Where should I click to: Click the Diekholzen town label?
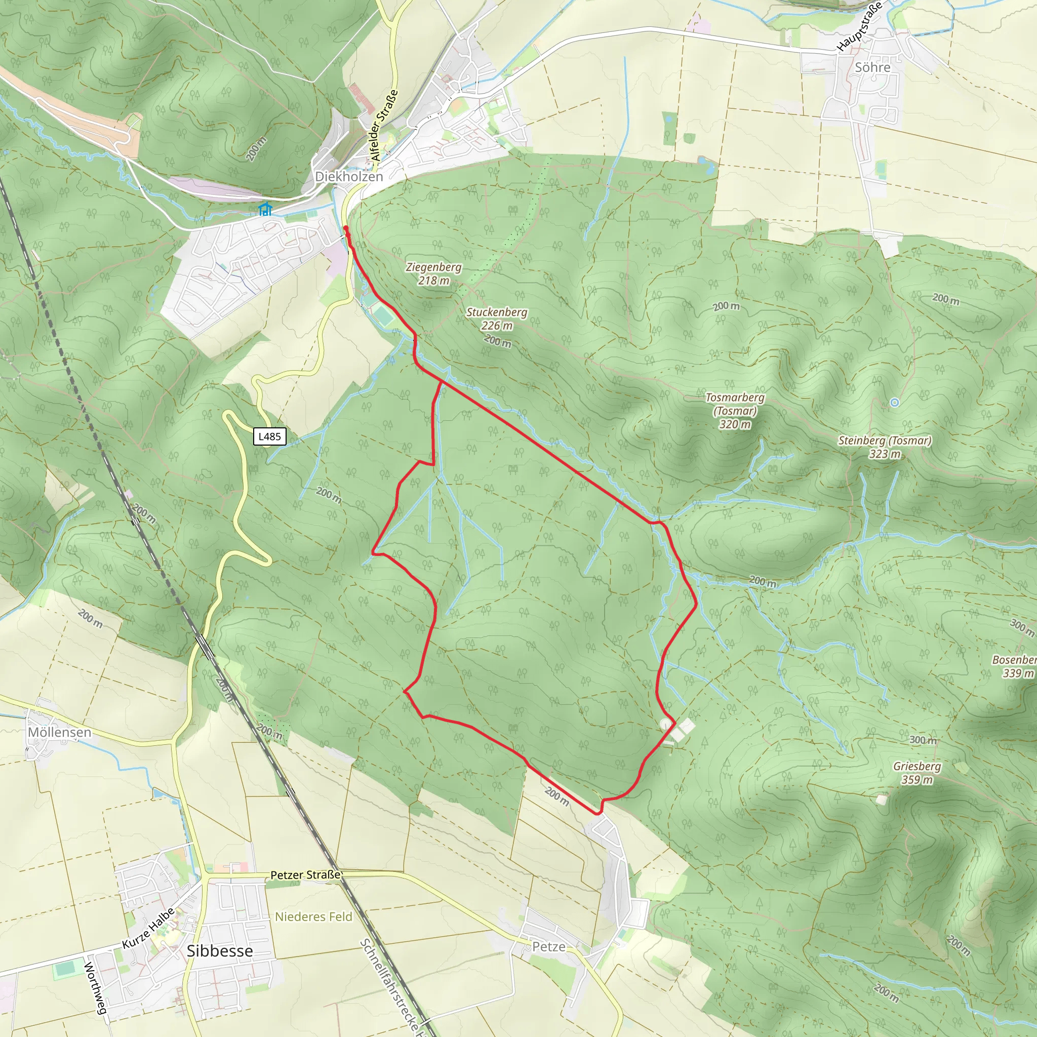349,177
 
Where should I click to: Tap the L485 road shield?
269,436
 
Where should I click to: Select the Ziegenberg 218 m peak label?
434,273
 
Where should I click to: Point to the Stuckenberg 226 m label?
497,319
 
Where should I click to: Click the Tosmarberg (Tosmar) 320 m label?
735,411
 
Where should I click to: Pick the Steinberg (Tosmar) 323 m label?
885,447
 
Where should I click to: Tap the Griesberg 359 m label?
917,773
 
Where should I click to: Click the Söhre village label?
872,68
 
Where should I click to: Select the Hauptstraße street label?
859,27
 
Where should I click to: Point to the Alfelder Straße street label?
384,126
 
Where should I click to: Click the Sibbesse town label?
220,951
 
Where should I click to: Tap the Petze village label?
548,947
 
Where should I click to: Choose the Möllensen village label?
59,732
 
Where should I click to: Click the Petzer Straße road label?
305,875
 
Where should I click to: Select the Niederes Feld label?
313,917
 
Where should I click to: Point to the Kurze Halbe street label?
148,928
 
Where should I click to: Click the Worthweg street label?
96,989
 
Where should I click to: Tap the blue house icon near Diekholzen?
265,209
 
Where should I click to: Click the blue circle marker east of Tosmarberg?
894,403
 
